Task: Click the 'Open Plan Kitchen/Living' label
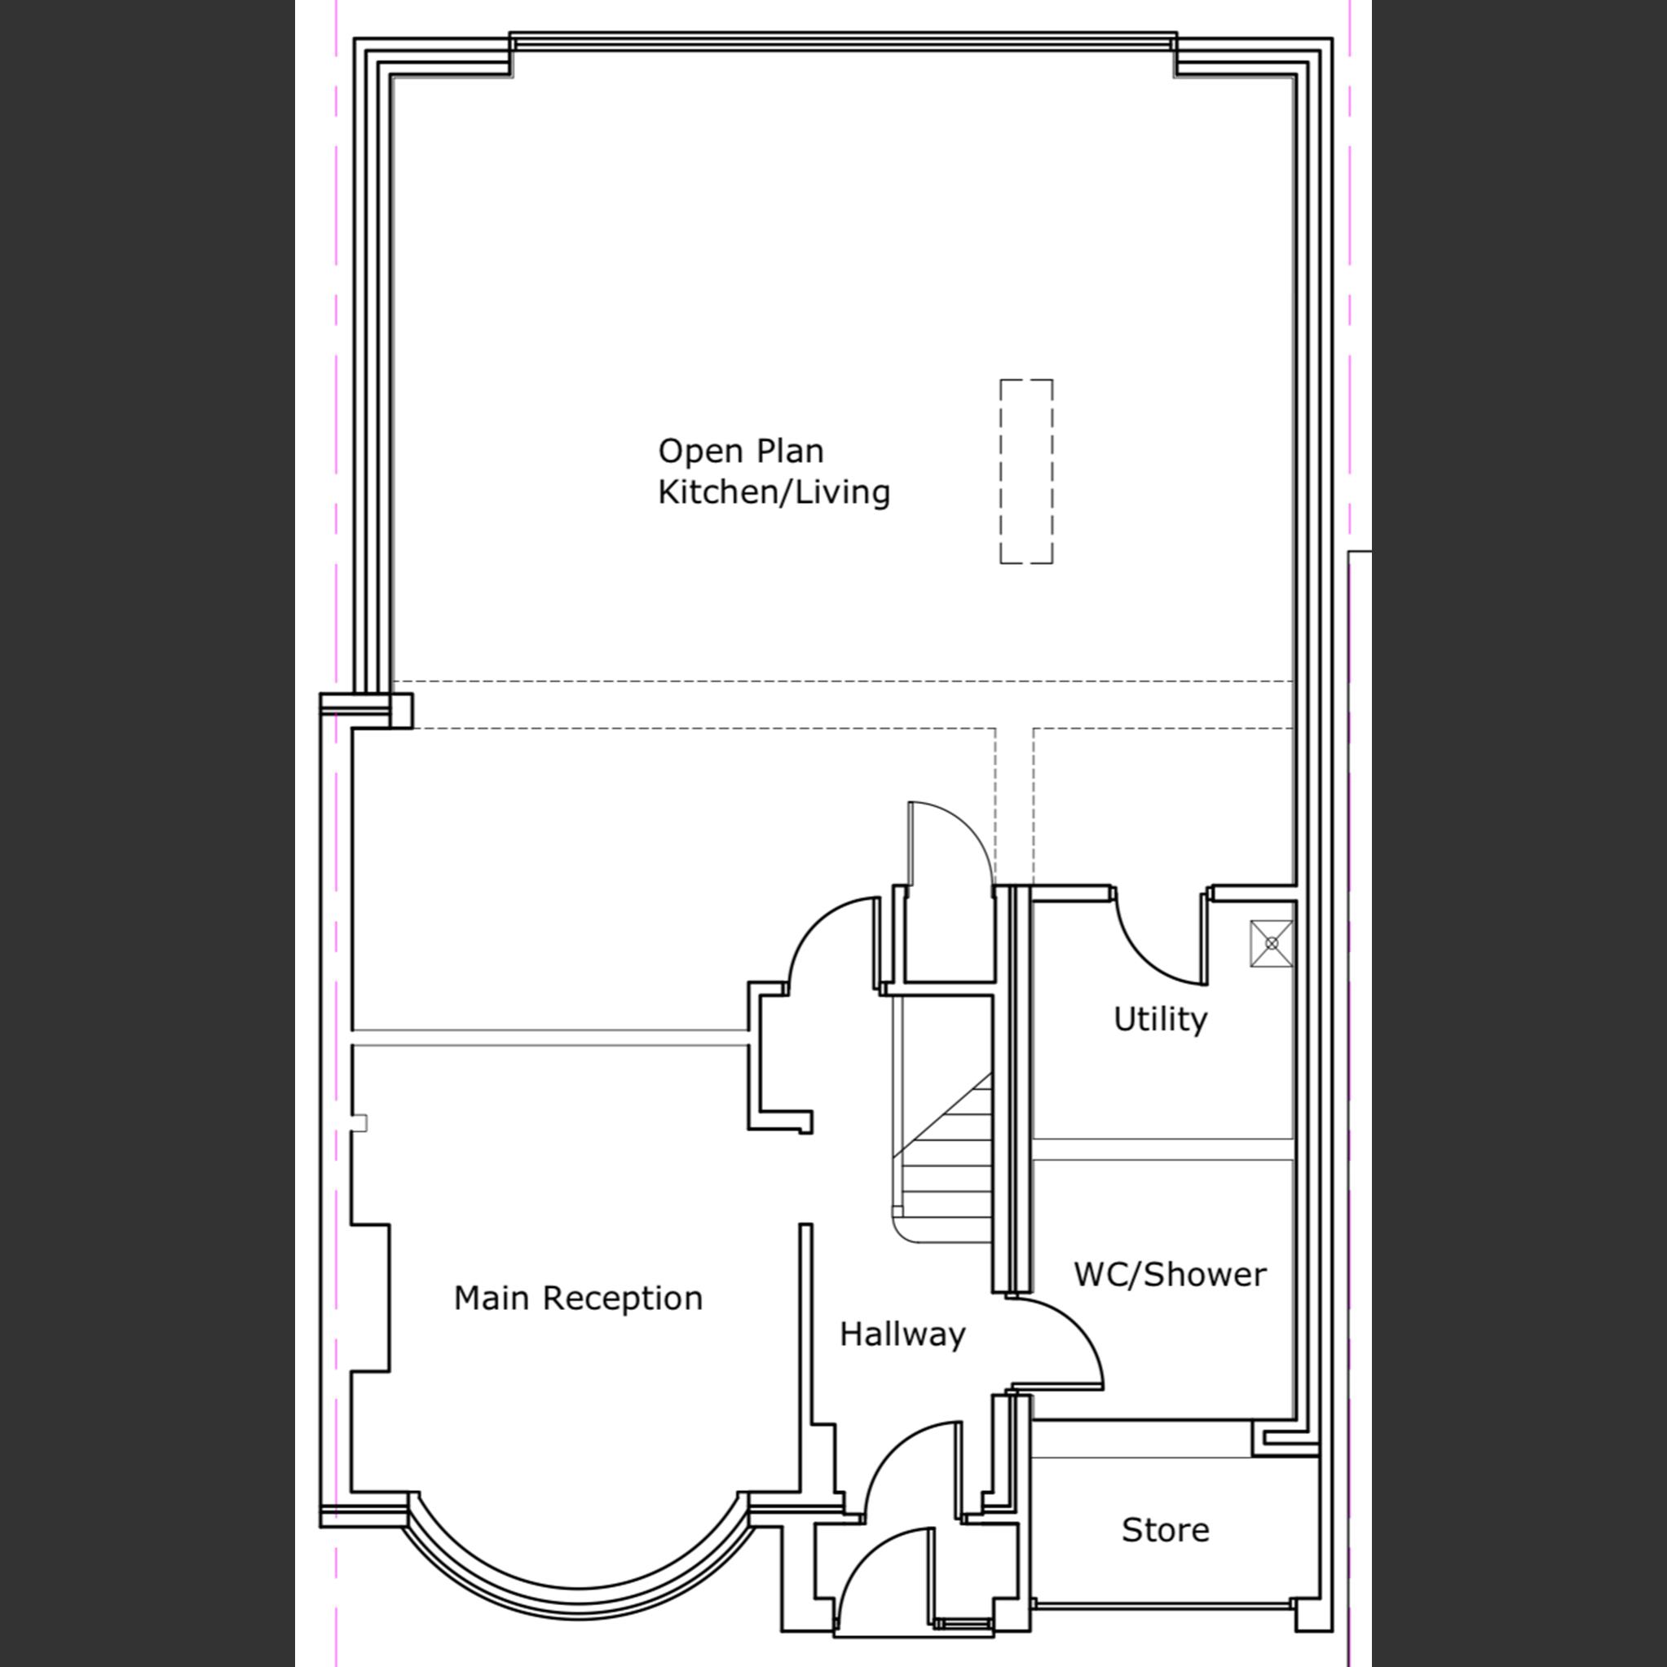coord(773,472)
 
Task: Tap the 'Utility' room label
coord(1160,1019)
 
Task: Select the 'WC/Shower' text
coord(1169,1274)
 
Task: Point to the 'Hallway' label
coord(902,1334)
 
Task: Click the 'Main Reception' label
coord(578,1298)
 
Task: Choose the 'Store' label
coord(1165,1530)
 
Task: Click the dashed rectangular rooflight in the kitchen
coord(1026,471)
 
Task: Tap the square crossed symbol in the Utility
coord(1271,943)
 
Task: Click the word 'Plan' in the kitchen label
coord(790,452)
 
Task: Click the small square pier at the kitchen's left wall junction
coord(401,711)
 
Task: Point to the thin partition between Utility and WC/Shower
coord(1162,1149)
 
